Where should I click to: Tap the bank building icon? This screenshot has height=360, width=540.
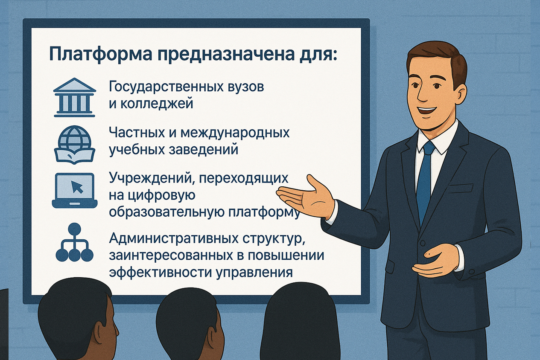click(x=74, y=97)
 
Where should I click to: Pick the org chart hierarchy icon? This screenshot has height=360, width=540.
click(x=74, y=242)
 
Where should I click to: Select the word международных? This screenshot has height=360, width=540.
click(x=235, y=133)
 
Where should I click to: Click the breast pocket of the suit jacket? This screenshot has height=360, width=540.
click(x=461, y=188)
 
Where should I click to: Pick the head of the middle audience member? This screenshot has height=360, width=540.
click(x=188, y=320)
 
